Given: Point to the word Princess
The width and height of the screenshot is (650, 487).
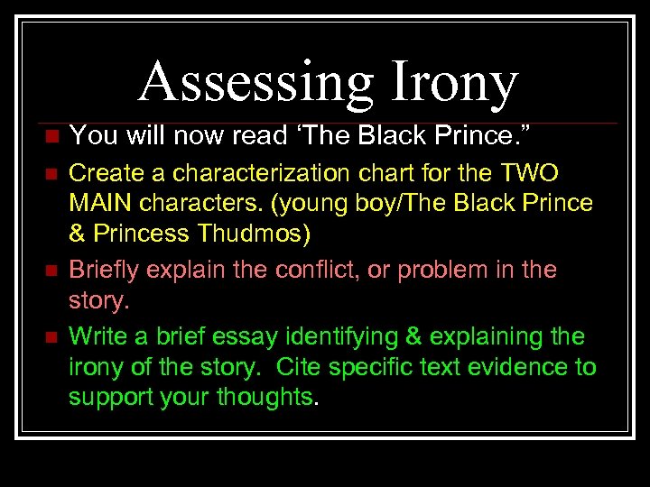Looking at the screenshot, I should pyautogui.click(x=144, y=234).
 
